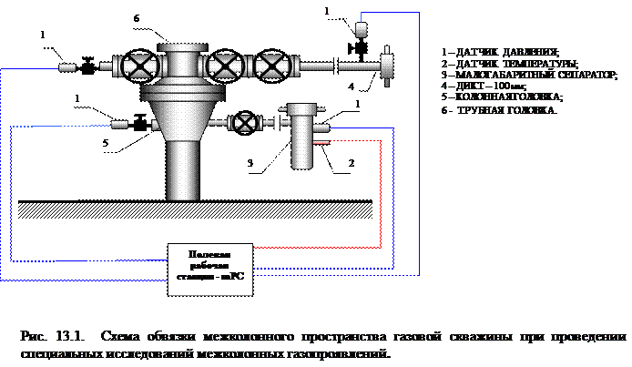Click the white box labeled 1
(327, 11)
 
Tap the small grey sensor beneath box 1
(361, 30)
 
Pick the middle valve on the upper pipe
(226, 66)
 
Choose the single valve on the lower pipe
(243, 122)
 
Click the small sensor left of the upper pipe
(67, 67)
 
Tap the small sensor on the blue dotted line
(119, 125)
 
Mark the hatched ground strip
(195, 210)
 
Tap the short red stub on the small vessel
(321, 142)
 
